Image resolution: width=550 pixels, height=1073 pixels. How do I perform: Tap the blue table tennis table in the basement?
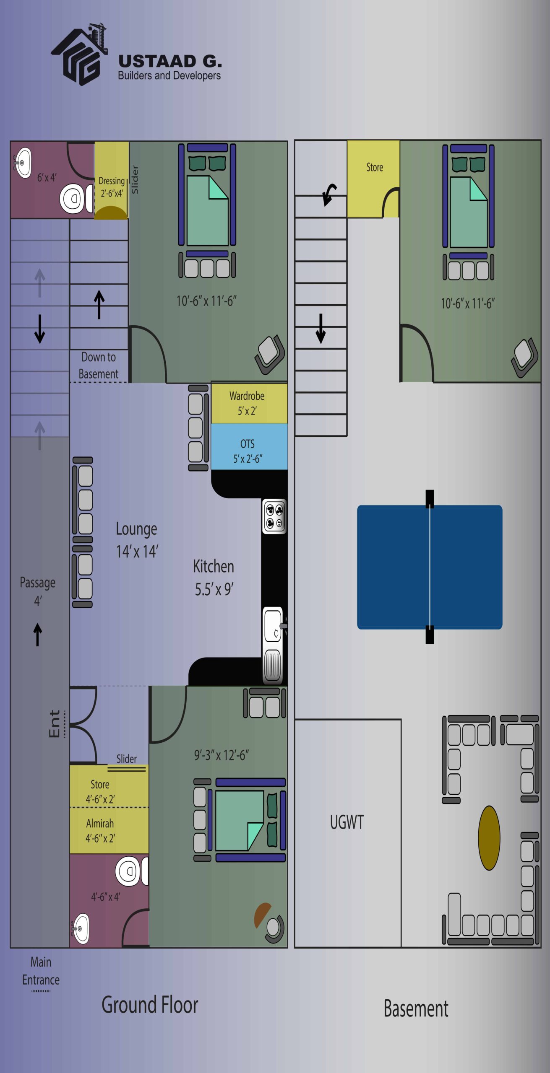430,567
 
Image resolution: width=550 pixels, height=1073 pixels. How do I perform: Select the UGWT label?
347,822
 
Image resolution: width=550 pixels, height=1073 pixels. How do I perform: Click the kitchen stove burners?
274,516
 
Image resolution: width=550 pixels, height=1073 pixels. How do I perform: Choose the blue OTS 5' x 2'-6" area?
249,446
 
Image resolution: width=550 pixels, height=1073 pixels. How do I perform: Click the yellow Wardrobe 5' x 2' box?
249,403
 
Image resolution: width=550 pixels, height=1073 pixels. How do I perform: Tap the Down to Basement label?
99,365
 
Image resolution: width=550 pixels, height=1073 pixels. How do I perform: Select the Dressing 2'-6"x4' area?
112,180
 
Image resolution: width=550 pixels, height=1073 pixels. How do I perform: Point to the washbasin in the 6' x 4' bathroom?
23,162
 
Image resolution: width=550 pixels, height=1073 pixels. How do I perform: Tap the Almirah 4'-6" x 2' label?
100,830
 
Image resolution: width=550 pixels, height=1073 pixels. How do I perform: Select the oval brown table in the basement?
489,838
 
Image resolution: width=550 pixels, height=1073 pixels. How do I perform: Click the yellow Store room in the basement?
373,179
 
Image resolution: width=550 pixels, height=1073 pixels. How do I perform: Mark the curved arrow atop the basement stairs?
329,194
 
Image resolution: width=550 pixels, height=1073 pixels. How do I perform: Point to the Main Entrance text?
41,971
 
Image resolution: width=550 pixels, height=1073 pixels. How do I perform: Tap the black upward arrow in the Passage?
38,635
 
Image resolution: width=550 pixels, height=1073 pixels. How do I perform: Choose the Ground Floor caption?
150,1005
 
